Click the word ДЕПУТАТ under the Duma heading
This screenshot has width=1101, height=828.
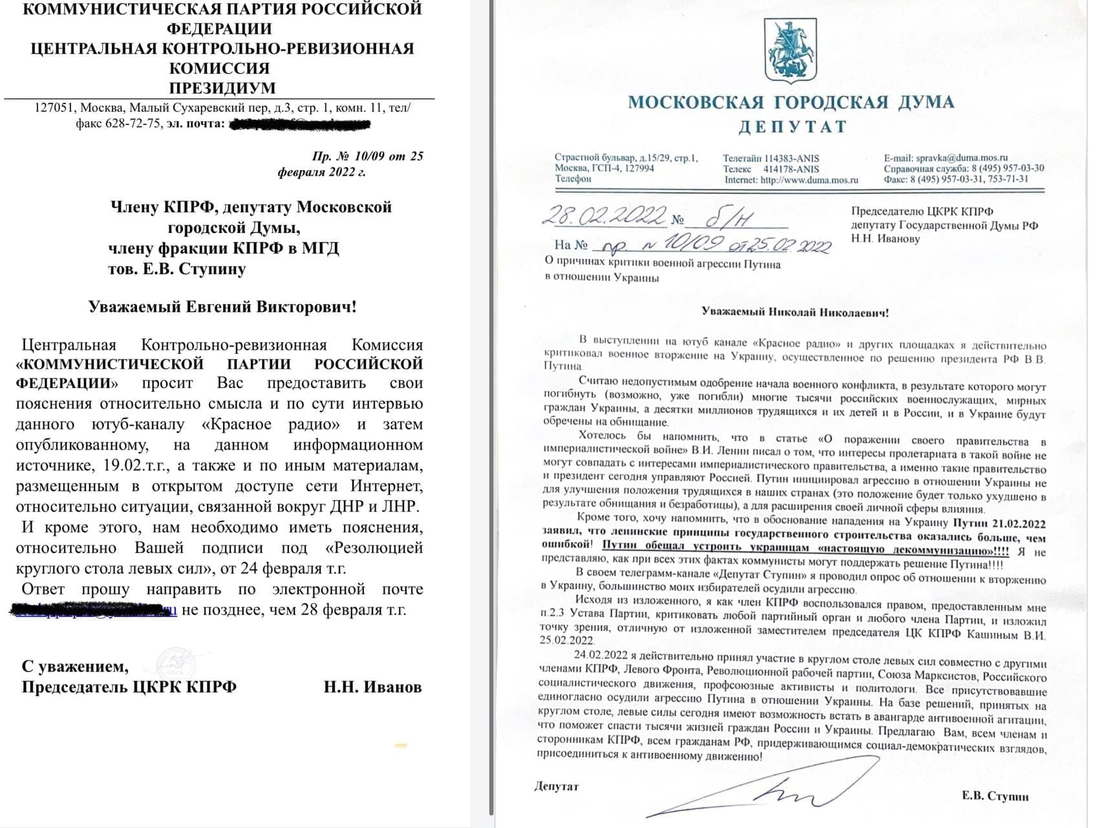[792, 127]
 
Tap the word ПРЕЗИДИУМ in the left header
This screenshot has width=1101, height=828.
[222, 88]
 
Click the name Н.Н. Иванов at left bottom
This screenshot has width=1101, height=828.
[372, 686]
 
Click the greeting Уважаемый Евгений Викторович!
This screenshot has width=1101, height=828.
[222, 306]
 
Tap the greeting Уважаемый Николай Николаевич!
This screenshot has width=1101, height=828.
[795, 312]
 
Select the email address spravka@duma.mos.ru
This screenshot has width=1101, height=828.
[962, 157]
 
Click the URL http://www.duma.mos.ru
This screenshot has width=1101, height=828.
[809, 180]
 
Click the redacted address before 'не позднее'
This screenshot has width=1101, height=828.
[94, 609]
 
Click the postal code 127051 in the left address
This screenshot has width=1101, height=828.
[56, 107]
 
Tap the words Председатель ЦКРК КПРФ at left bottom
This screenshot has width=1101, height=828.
[129, 686]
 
